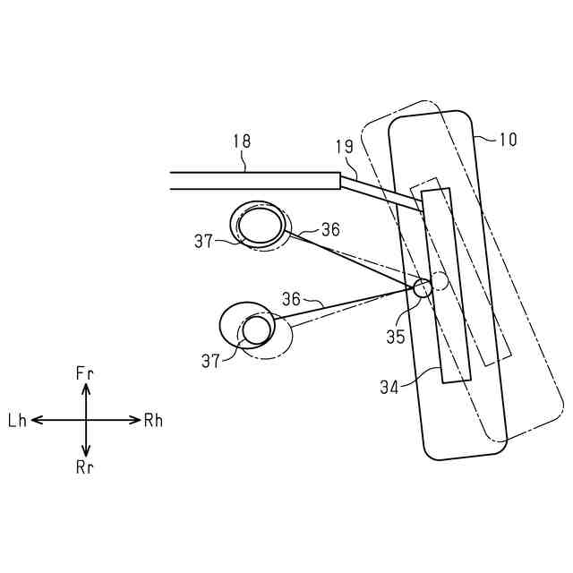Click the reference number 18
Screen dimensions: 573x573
241,141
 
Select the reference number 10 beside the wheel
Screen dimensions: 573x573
508,140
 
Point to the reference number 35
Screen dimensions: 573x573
396,337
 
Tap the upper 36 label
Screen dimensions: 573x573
330,230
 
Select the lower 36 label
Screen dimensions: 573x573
292,299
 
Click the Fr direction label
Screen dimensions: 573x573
86,371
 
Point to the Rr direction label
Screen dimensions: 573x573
86,467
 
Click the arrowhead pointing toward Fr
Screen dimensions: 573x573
86,389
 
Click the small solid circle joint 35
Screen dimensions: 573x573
423,288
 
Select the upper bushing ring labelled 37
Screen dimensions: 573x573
261,225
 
